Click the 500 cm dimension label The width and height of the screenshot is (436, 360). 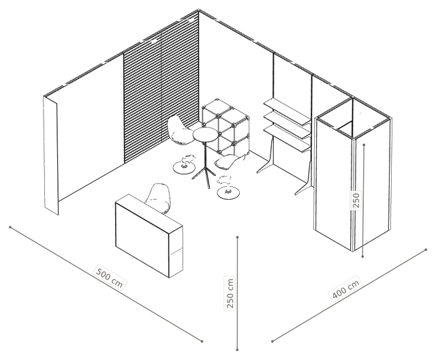[109, 277]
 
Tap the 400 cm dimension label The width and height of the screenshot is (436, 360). [345, 289]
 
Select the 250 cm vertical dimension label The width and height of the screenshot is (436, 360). [230, 293]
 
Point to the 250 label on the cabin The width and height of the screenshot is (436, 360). [356, 200]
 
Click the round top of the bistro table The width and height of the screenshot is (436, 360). [204, 134]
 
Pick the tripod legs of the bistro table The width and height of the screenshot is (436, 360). [205, 175]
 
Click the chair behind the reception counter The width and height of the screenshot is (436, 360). [158, 198]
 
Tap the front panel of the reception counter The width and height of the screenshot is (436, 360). [142, 240]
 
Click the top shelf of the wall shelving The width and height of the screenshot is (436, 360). [286, 112]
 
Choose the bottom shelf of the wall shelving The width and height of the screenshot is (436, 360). [286, 138]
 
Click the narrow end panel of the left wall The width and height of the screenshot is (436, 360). [51, 155]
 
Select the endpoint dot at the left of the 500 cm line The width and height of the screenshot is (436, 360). [10, 227]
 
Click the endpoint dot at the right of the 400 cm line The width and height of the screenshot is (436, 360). [426, 250]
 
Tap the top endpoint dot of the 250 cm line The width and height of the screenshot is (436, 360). [237, 237]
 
